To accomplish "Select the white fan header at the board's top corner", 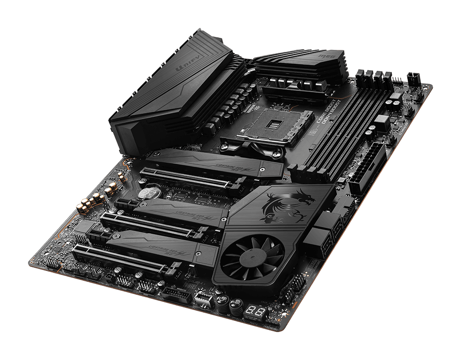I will pyautogui.click(x=414, y=79).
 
